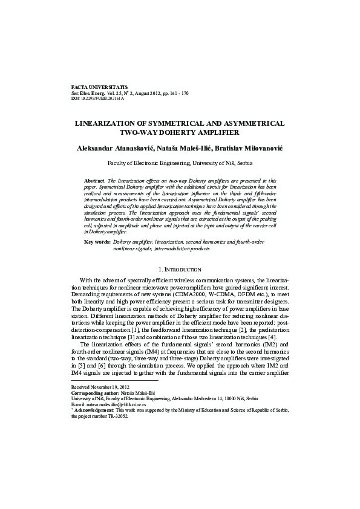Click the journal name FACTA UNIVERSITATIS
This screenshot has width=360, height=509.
[100, 87]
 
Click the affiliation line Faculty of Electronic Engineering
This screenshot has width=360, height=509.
[180, 163]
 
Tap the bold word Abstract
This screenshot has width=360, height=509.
[94, 181]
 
